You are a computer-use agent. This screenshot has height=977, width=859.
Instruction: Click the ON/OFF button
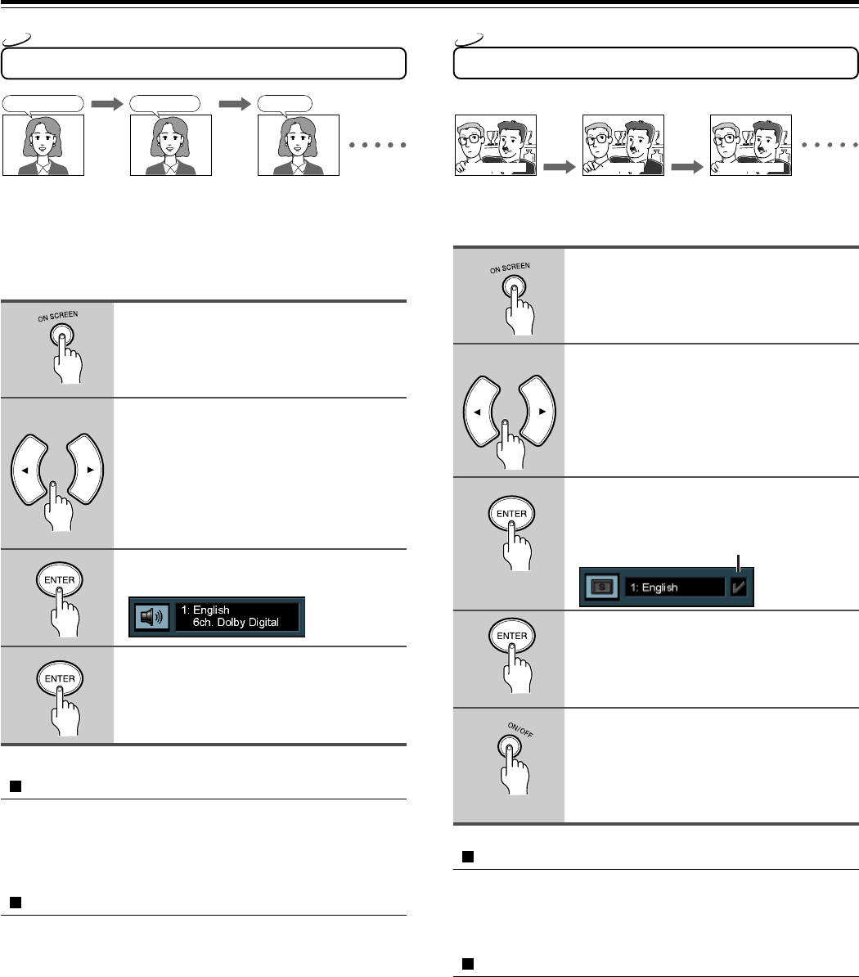coord(510,747)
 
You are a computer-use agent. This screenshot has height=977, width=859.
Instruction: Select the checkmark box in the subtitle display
coord(739,588)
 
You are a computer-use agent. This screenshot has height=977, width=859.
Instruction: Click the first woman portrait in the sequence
coord(43,144)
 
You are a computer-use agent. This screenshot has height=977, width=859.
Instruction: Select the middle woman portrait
coord(171,144)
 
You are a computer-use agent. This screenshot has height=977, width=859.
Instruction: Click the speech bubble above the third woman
coord(284,103)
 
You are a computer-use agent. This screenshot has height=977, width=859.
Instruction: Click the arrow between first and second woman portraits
coord(106,104)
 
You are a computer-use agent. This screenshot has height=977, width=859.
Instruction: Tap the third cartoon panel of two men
coord(751,145)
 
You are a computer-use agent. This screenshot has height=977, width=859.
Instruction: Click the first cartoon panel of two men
coord(495,145)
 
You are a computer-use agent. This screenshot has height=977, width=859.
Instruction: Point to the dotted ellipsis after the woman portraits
coord(379,146)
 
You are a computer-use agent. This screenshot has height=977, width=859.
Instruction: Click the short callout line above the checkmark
coord(739,562)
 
